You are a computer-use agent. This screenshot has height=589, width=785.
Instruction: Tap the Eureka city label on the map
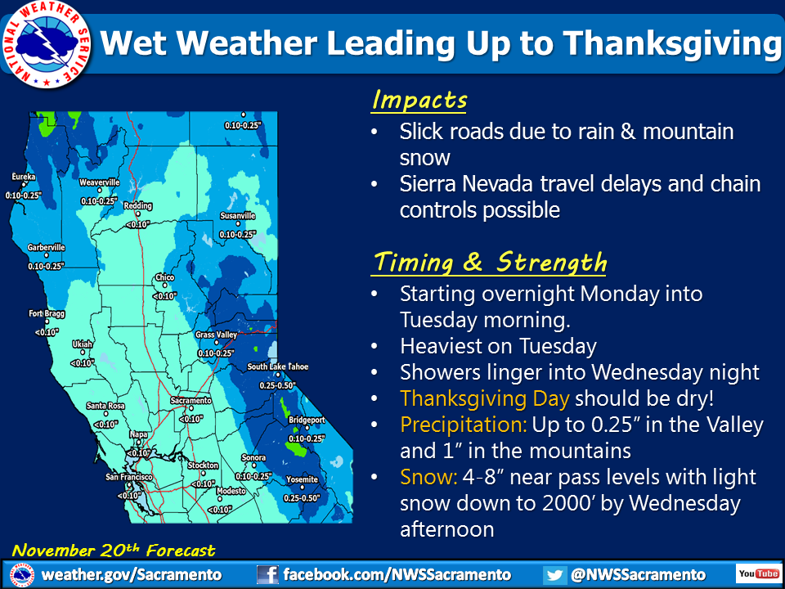click(24, 177)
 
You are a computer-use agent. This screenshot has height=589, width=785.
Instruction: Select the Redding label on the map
click(137, 206)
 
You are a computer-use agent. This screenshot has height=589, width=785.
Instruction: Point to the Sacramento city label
click(191, 401)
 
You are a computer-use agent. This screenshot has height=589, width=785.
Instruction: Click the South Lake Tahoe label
click(278, 366)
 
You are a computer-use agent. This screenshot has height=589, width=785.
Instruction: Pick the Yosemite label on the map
click(302, 479)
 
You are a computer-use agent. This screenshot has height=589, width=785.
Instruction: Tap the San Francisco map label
click(128, 477)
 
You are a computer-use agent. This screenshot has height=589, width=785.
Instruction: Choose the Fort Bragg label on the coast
click(47, 313)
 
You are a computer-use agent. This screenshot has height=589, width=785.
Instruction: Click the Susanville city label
click(238, 216)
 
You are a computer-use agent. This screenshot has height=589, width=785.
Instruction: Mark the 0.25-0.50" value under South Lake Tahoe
click(277, 385)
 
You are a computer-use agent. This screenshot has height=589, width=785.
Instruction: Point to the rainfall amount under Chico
click(164, 296)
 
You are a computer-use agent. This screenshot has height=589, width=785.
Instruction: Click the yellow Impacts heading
click(419, 100)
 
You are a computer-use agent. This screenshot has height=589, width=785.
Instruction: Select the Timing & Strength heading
click(490, 262)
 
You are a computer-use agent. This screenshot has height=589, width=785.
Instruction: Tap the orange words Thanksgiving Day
click(485, 398)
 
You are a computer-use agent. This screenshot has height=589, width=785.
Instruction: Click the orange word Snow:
click(428, 477)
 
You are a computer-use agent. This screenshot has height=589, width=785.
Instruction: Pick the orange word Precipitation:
click(464, 425)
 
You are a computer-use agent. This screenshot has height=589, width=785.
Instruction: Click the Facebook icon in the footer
click(267, 574)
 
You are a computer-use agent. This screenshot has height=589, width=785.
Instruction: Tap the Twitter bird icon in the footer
click(554, 574)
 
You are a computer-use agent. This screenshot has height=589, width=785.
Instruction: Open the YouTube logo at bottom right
click(757, 573)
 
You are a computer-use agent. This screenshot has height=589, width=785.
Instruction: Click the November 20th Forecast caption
click(114, 551)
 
